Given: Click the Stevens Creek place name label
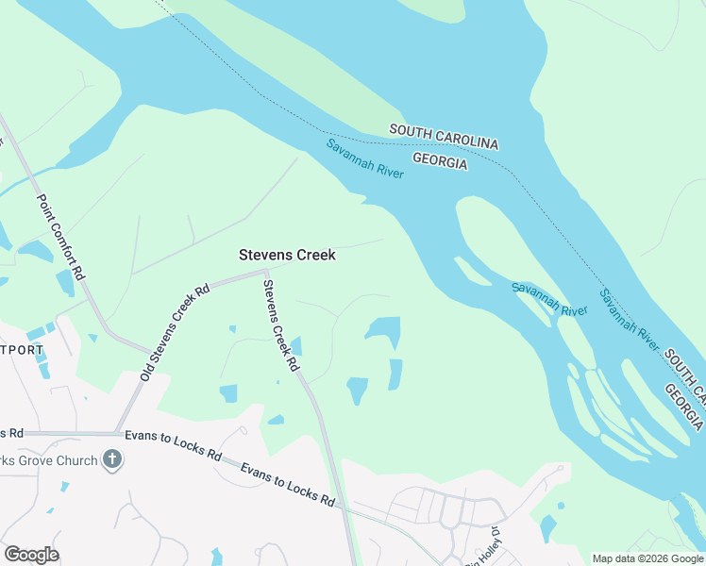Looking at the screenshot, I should (x=287, y=255).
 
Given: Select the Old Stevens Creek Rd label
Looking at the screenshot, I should (x=175, y=331).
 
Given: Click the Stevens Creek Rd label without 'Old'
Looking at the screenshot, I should (x=280, y=324).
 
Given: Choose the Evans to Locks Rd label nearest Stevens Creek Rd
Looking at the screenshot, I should (x=288, y=485).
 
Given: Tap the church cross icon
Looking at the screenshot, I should (x=112, y=460).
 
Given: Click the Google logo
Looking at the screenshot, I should (x=31, y=555).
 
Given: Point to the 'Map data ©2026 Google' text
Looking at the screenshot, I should (x=647, y=558).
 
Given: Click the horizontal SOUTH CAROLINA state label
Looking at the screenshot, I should (x=443, y=136).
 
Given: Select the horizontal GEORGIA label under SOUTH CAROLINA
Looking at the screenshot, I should (x=439, y=162).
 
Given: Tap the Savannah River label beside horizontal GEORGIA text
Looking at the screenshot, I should (x=365, y=158).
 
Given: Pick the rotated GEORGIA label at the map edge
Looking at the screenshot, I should (x=683, y=404).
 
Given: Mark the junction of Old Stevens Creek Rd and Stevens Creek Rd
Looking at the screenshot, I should (x=264, y=274).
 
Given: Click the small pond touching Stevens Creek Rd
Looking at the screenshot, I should (x=294, y=347).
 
